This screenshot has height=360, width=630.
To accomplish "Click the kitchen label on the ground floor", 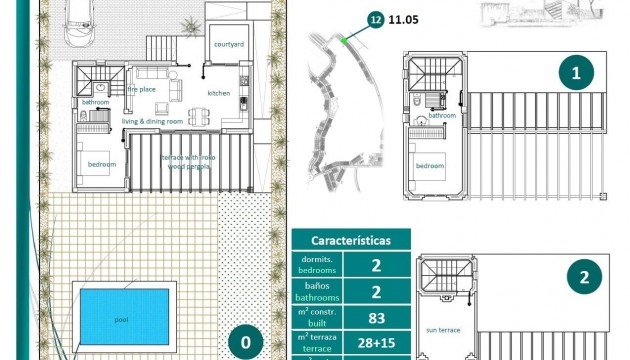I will point(219,92).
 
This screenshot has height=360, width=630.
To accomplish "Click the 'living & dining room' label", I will point(152,121).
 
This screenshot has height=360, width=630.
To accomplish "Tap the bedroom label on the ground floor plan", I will point(101,164).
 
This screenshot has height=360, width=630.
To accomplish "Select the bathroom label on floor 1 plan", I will point(443,115).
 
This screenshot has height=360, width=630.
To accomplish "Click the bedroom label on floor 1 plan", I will point(430,165).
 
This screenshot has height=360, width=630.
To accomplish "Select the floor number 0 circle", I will point(246,343).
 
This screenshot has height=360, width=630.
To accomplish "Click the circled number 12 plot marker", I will point(375,18).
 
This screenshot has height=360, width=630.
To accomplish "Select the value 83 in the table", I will point(378,317).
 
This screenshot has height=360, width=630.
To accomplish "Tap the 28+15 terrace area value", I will point(378,345).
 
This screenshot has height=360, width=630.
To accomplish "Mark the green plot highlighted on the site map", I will point(343,40).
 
